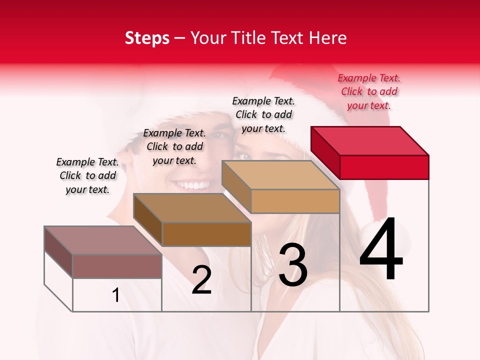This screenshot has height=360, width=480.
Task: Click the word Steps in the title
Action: pos(146,38)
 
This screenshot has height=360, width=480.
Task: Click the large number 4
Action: pos(381,249)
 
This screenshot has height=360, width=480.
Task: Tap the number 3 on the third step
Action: pos(293,265)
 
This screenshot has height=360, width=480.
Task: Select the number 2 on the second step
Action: pos(202,280)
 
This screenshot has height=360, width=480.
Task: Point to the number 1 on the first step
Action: pos(116,295)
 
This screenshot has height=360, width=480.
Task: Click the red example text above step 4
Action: pos(369,91)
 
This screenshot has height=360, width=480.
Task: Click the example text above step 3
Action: pos(263,114)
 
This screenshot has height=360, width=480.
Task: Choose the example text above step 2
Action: pos(174,146)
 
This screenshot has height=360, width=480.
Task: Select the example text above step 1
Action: pos(87,175)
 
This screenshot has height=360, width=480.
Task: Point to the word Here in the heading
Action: pos(328,38)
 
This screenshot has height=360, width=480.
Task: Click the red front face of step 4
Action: pos(384,167)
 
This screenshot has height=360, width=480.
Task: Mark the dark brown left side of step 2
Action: pos(148,220)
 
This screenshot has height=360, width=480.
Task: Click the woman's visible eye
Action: pos(243,156)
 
